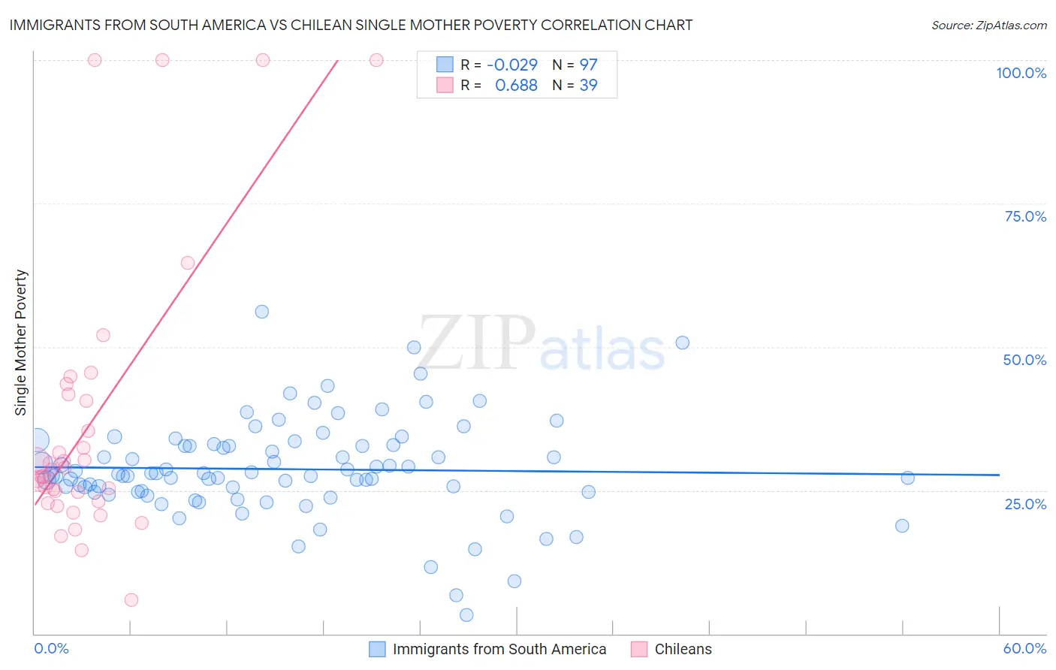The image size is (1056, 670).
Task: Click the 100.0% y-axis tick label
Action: pyautogui.click(x=1021, y=73)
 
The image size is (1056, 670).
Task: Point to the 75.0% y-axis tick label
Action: pyautogui.click(x=1024, y=216)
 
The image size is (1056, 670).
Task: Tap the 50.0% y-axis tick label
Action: pyautogui.click(x=1024, y=360)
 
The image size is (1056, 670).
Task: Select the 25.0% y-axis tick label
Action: pyautogui.click(x=1025, y=503)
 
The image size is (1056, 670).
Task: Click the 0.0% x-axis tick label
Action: pyautogui.click(x=51, y=648)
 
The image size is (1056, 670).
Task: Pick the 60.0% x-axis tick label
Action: pyautogui.click(x=1024, y=648)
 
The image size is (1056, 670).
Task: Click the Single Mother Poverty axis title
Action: pyautogui.click(x=21, y=343)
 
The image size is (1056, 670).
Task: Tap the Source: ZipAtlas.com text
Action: pyautogui.click(x=988, y=25)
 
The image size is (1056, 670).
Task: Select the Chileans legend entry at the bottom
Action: pyautogui.click(x=682, y=649)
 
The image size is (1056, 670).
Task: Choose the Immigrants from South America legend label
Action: pyautogui.click(x=499, y=649)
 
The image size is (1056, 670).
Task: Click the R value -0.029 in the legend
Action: pyautogui.click(x=511, y=65)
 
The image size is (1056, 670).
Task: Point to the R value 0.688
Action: pyautogui.click(x=516, y=86)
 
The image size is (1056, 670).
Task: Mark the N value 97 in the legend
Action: pyautogui.click(x=588, y=65)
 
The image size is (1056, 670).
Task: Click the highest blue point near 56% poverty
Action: pyautogui.click(x=261, y=312)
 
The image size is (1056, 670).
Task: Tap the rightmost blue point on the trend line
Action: pyautogui.click(x=907, y=478)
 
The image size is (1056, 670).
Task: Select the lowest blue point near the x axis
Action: pyautogui.click(x=466, y=615)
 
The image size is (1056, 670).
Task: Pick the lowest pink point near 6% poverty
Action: pyautogui.click(x=131, y=599)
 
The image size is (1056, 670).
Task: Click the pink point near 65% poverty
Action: pyautogui.click(x=188, y=263)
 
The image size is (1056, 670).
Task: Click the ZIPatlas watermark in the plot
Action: pyautogui.click(x=541, y=343)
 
